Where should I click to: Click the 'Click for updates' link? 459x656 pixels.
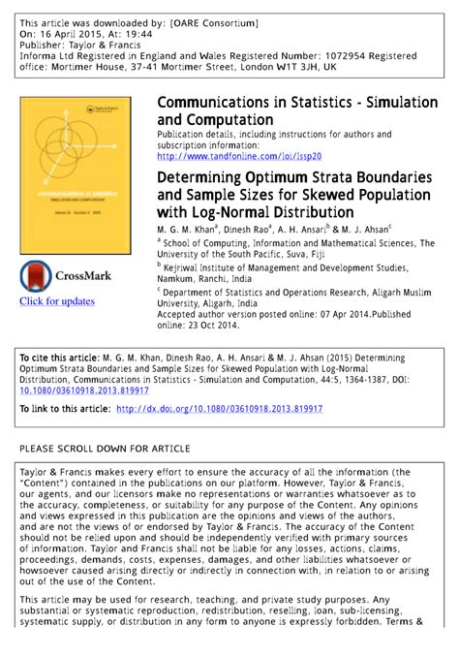pyautogui.click(x=57, y=301)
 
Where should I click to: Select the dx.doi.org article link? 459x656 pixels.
pyautogui.click(x=220, y=410)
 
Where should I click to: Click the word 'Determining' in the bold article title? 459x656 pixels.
pyautogui.click(x=202, y=178)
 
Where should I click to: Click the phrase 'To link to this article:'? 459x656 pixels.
pyautogui.click(x=65, y=410)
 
